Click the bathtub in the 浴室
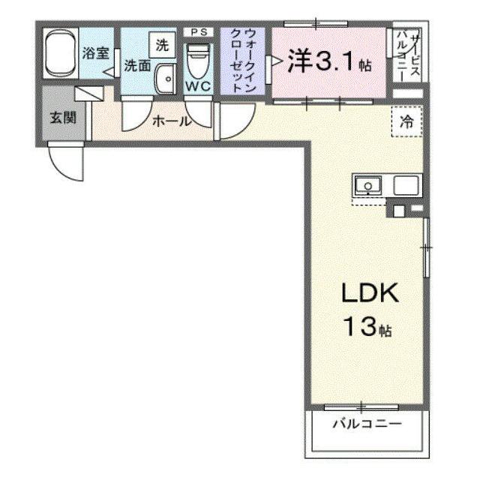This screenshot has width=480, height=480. point(61,54)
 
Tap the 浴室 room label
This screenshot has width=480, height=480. point(95,53)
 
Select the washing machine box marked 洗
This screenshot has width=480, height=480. point(162,45)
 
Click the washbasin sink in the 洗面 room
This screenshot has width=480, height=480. point(165,79)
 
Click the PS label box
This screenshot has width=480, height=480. point(198,31)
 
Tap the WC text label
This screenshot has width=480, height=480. point(198,87)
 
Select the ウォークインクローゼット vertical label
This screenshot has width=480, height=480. point(243,61)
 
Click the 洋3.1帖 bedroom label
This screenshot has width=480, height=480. point(329,61)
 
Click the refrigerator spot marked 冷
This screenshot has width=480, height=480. point(406,121)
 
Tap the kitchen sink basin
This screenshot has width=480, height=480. point(368,185)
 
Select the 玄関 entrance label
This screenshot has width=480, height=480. point(63,118)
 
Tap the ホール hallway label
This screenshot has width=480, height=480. point(171,121)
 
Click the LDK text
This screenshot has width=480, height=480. point(370,293)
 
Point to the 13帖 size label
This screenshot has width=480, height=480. point(367,326)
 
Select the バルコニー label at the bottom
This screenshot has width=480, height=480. point(367,424)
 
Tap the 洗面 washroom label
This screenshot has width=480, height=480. point(137,65)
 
